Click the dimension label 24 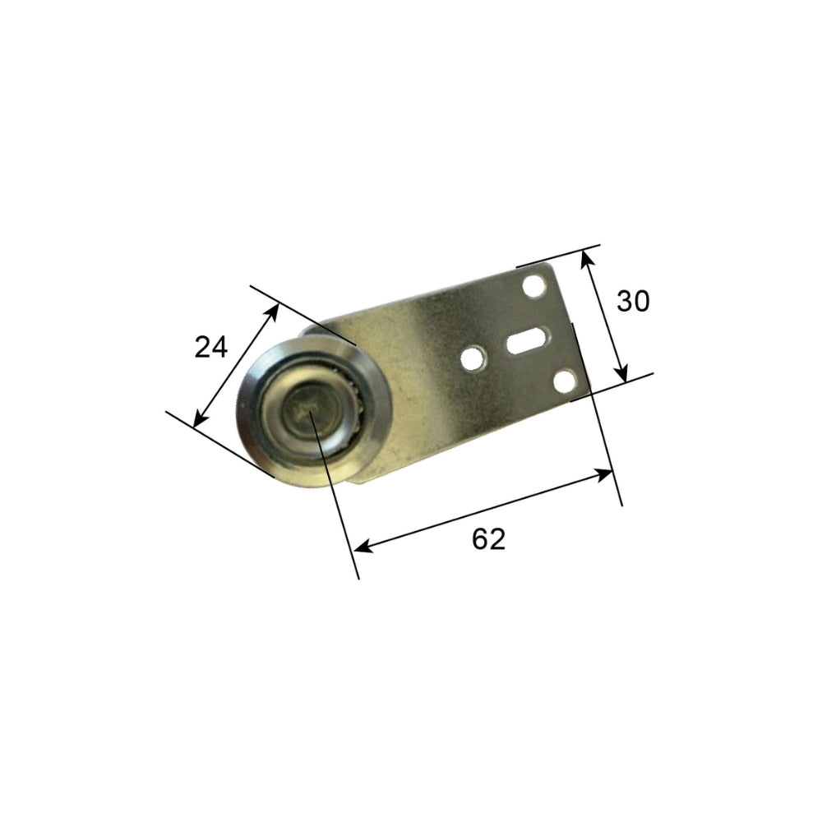(x=210, y=348)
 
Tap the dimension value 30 (x=633, y=302)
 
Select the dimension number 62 (x=488, y=539)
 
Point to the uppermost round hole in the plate (x=535, y=287)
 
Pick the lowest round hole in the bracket (x=564, y=381)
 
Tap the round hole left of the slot (x=472, y=358)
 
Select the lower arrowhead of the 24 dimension (x=198, y=421)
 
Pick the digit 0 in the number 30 (x=641, y=302)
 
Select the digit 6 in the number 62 (x=479, y=539)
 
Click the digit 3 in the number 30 (x=625, y=302)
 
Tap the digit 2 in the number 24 (x=202, y=348)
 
